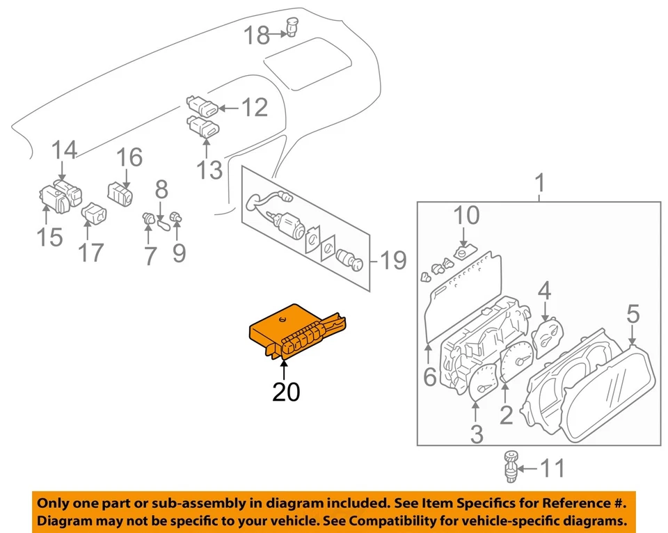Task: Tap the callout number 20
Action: click(286, 392)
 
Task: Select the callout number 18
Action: click(257, 35)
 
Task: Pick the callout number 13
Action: click(209, 168)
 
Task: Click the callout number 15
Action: click(49, 237)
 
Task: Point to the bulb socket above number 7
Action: click(148, 219)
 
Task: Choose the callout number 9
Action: click(179, 253)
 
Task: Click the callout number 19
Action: click(393, 262)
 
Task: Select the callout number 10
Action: click(467, 216)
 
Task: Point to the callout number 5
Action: click(633, 314)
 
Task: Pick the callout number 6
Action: click(429, 377)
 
